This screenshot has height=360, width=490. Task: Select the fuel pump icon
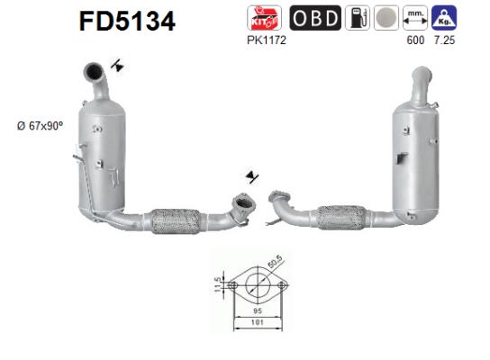[x=358, y=19]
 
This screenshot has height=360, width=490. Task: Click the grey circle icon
[x=386, y=19]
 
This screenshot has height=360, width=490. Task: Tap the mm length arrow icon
[x=414, y=19]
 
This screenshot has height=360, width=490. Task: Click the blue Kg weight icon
[x=443, y=19]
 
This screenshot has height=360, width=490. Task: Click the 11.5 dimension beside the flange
[x=218, y=285]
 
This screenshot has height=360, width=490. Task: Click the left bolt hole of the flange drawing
[x=232, y=286]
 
